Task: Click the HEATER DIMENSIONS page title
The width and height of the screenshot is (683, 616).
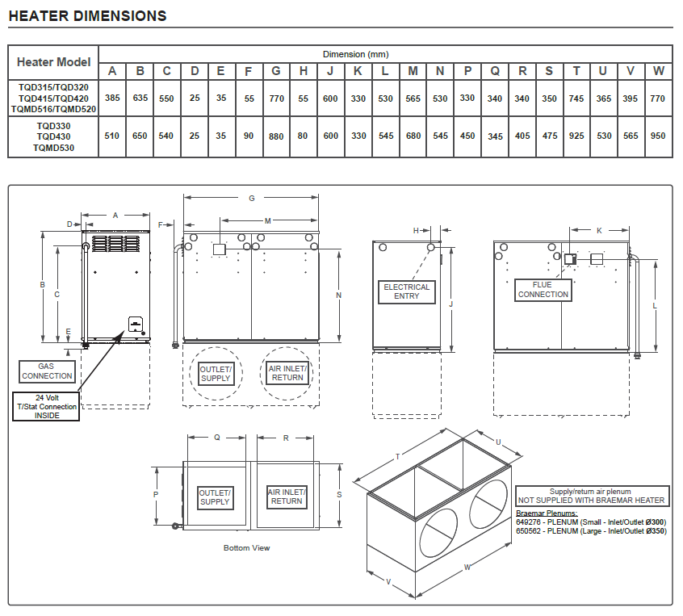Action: [x=87, y=16]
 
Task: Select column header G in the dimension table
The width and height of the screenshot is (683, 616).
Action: [x=276, y=71]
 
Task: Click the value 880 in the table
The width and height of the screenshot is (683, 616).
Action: [x=276, y=136]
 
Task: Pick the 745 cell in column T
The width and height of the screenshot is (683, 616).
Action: [x=576, y=98]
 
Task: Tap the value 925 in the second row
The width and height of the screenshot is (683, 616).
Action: [x=576, y=136]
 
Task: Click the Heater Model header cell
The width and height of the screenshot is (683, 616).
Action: [x=53, y=61]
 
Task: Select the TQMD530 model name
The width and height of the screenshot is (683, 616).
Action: [x=54, y=148]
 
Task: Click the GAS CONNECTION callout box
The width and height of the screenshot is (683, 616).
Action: [x=48, y=371]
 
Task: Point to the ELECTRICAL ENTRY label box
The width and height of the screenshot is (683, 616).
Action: [x=407, y=291]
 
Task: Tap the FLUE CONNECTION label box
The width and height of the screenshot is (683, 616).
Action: [x=543, y=290]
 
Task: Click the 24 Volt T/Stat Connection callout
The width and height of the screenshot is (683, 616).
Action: [x=48, y=406]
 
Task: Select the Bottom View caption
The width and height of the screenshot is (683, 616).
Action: [x=246, y=547]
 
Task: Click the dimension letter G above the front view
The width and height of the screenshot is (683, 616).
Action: [x=251, y=198]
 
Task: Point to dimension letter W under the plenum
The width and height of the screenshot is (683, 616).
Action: [x=467, y=567]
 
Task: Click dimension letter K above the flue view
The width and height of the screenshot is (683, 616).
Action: [x=599, y=231]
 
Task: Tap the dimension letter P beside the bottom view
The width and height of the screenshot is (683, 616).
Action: [x=155, y=494]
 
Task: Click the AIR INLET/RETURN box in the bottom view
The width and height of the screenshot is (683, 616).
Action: [x=287, y=496]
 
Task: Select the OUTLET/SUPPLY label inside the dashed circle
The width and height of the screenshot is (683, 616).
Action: [x=216, y=373]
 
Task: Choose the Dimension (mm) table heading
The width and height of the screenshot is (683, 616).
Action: [x=355, y=54]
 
